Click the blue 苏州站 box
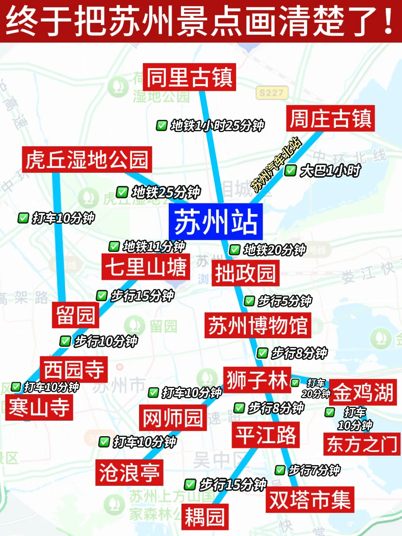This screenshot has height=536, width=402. (x=215, y=222)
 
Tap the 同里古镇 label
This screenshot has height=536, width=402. (x=190, y=77)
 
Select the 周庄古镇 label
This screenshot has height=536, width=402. (x=330, y=119)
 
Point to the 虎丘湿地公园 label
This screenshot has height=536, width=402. (x=87, y=159)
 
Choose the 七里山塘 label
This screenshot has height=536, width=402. (x=146, y=267)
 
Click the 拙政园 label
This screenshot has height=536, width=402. (x=245, y=273)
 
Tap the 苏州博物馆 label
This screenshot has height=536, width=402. (x=258, y=325)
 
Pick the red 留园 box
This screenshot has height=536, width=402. (x=75, y=315)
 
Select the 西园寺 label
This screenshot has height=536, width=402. (x=74, y=369)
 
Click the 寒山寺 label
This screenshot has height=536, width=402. (x=39, y=407)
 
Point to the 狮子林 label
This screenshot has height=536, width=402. (x=257, y=380)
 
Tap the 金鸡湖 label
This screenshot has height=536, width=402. (x=363, y=392)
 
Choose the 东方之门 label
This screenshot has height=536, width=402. (x=362, y=444)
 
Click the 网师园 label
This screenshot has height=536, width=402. (x=173, y=418)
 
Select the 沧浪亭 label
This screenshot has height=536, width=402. (x=129, y=472)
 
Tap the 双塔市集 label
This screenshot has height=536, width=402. (x=310, y=499)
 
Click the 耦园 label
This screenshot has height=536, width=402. (x=205, y=517)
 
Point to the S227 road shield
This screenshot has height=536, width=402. (x=272, y=93)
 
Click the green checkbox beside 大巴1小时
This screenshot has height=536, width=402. (x=290, y=170)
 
